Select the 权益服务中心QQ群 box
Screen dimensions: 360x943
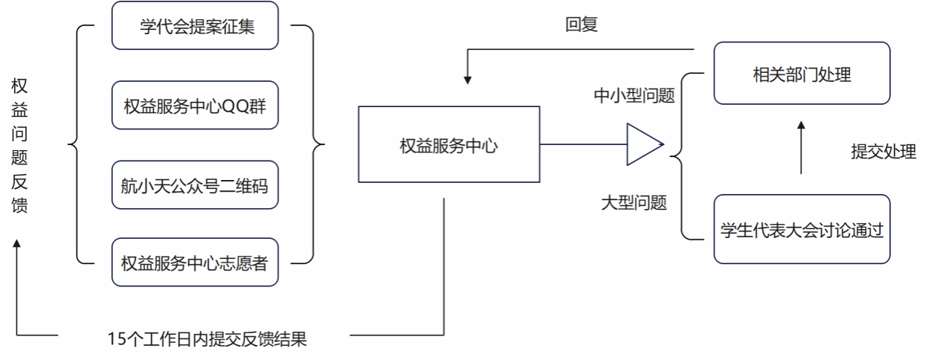(195, 104)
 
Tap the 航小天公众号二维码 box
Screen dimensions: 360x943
(195, 183)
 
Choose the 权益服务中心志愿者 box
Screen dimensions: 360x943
(195, 262)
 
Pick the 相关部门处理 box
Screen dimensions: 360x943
(802, 74)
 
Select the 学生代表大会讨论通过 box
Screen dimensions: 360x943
(802, 229)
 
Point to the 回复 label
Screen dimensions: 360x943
(581, 25)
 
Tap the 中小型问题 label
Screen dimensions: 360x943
(634, 96)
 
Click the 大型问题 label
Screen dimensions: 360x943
(634, 202)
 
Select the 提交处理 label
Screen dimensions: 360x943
(884, 152)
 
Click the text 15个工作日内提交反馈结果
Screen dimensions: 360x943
(207, 339)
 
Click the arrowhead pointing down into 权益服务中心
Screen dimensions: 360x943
(468, 77)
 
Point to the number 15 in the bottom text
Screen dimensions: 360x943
(115, 339)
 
